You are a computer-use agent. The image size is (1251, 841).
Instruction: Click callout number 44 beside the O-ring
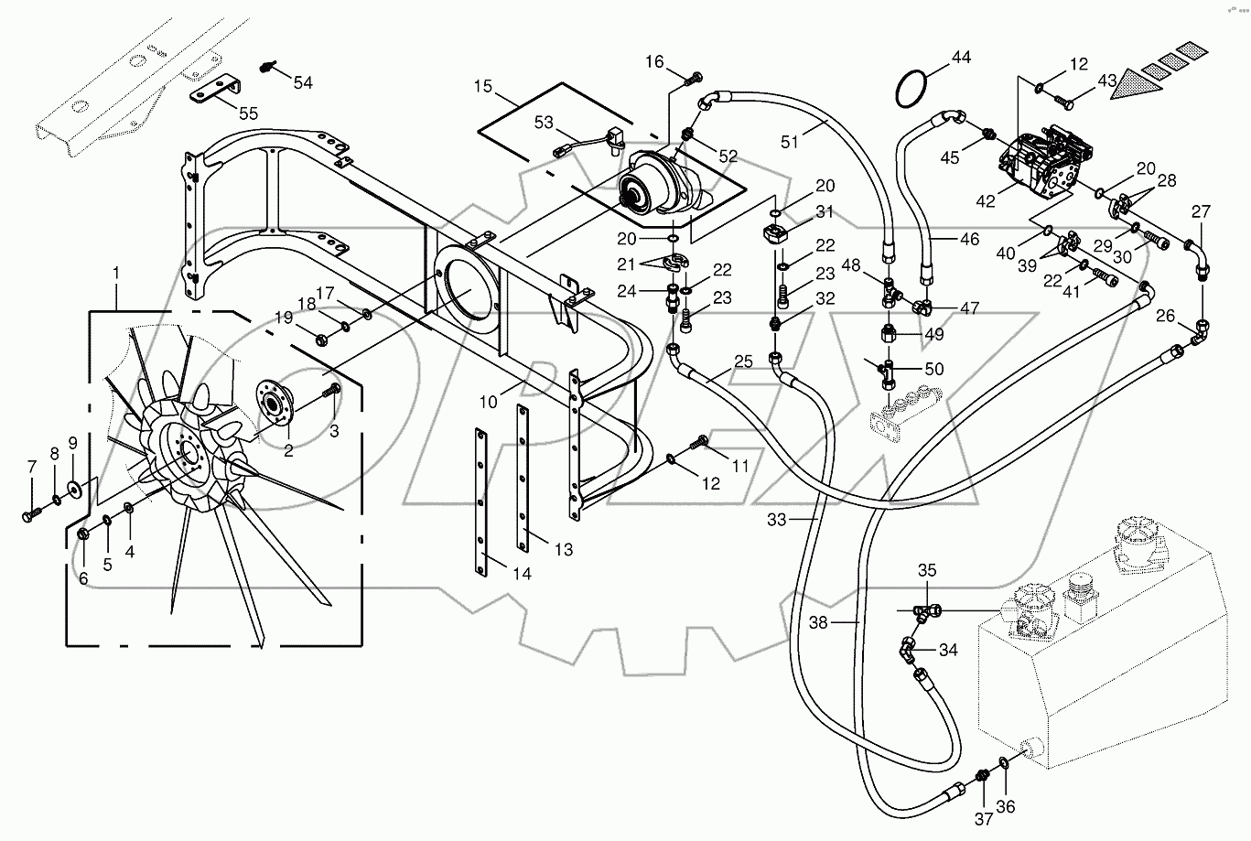pos(960,58)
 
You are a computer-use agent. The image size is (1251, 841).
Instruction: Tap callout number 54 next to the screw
pos(302,82)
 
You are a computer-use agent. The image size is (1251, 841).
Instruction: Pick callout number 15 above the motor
pos(483,86)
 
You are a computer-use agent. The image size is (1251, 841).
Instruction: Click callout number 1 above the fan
pos(116,272)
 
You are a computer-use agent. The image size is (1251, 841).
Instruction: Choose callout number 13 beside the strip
pos(564,549)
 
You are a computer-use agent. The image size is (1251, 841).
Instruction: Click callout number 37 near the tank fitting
pos(983,818)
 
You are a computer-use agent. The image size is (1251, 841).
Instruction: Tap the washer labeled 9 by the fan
pos(73,484)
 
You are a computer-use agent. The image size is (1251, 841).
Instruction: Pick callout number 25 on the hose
pos(743,362)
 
